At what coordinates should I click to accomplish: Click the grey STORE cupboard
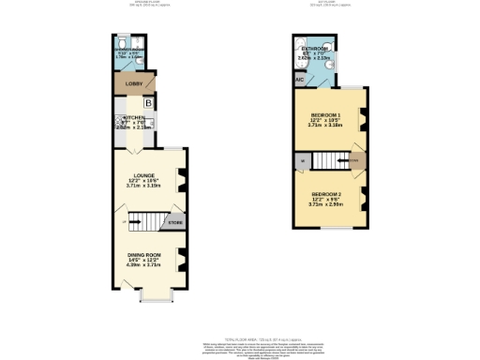[175, 223]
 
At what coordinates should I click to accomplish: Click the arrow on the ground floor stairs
[127, 221]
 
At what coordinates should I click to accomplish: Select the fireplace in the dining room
[182, 257]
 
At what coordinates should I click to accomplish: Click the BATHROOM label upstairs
[314, 48]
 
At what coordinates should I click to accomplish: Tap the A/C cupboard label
[299, 80]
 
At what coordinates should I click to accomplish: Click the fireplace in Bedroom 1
[363, 119]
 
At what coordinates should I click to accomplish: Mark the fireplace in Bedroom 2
[363, 198]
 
